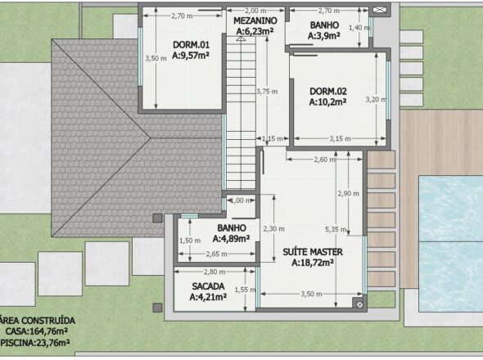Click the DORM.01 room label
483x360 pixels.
pos(191,45)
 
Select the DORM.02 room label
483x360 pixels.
pos(328,92)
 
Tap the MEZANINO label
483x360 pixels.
pos(255,21)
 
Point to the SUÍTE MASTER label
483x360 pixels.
pos(313,252)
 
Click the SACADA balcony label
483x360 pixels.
pos(208,286)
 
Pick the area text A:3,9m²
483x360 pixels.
pos(324,36)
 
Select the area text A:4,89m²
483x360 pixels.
pos(231,239)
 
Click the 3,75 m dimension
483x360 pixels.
pos(267,92)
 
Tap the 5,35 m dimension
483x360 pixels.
pos(336,229)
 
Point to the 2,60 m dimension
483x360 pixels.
pos(325,160)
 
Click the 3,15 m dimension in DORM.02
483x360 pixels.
pos(340,139)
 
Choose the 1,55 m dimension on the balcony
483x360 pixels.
pos(246,290)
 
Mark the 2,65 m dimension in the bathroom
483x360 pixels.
pos(217,254)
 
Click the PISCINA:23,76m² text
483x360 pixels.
pos(35,343)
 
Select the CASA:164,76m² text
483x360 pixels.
pos(37,331)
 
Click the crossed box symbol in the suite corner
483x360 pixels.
pos(359,304)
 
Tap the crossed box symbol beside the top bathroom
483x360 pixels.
pos(380,10)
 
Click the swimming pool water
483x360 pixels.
pos(450,243)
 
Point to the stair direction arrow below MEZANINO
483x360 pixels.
pos(241,38)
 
